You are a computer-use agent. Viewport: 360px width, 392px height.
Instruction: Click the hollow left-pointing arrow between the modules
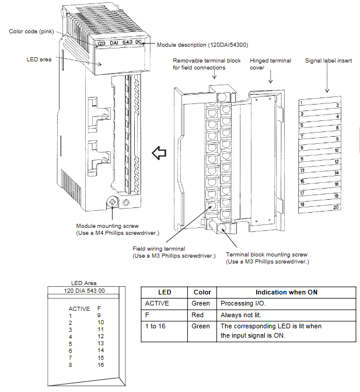tap(159, 154)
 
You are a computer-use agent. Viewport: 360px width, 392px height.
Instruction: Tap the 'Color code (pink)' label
tap(33, 31)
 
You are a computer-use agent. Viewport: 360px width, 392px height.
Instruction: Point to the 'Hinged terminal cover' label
tap(270, 64)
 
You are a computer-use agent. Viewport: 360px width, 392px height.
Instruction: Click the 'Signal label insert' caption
tap(328, 60)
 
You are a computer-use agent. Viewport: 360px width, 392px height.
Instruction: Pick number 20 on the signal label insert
tap(336, 207)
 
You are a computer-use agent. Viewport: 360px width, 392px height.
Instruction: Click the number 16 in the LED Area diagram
tap(100, 365)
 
